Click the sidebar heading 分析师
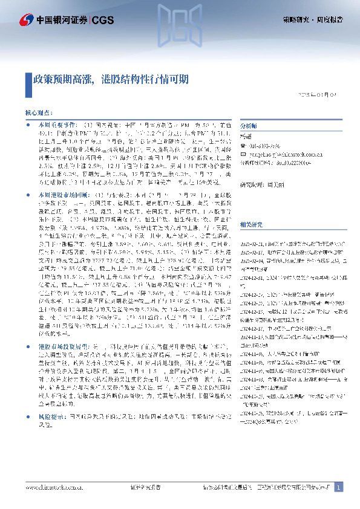coord(249,126)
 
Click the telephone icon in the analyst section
coord(244,146)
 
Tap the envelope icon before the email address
coord(244,154)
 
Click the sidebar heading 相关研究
coord(251,224)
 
